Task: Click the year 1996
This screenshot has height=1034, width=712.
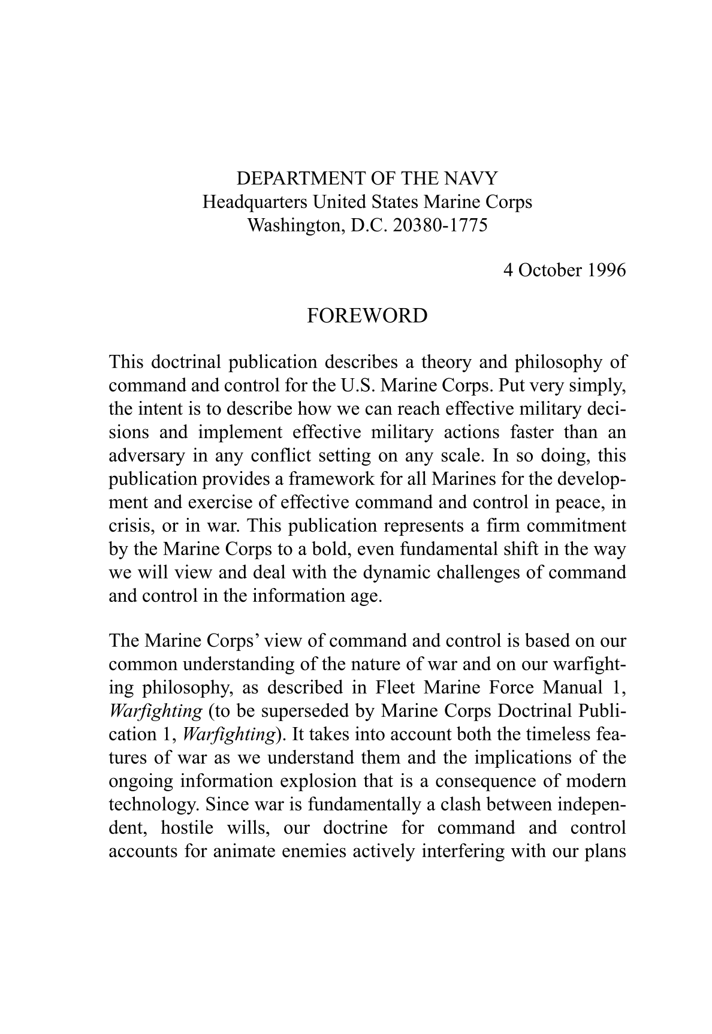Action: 606,270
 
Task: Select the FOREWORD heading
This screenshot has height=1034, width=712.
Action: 367,316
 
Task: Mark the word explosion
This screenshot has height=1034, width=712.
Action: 315,781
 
